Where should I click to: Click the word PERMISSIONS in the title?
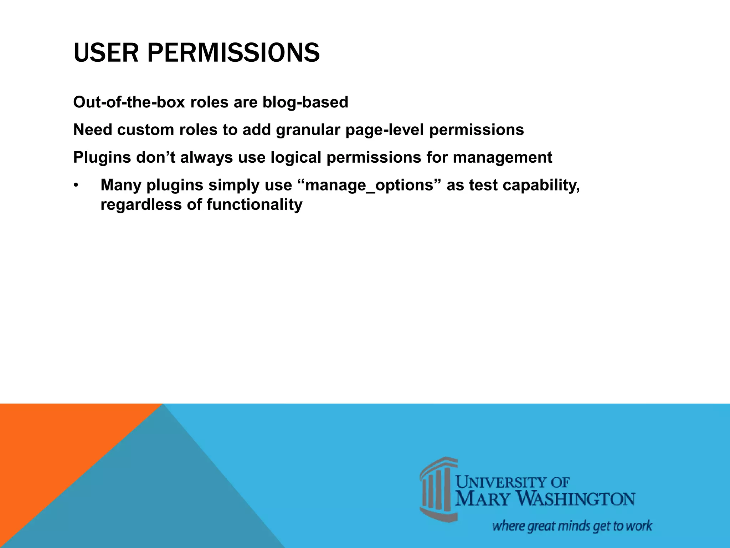coord(233,53)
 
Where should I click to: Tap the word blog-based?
coord(305,102)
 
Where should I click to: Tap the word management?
coord(502,157)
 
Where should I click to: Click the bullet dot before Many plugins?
coord(76,186)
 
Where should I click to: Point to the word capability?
coord(542,185)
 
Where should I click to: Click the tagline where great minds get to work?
coord(572,526)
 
